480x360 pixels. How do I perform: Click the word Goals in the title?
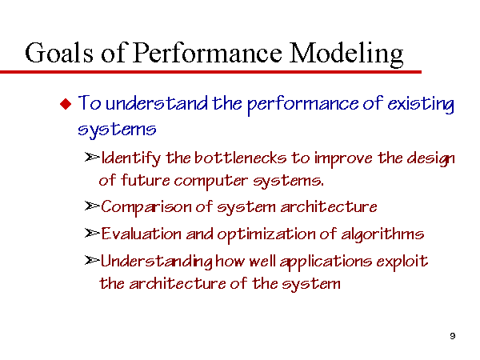click(59, 53)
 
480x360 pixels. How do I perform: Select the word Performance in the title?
click(207, 53)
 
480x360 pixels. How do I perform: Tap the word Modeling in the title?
click(346, 54)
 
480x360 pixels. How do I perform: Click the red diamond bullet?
click(66, 104)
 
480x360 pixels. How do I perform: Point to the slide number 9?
click(453, 336)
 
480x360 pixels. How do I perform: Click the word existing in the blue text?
click(421, 104)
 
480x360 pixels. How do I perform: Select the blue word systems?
click(117, 130)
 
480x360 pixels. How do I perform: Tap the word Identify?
click(130, 158)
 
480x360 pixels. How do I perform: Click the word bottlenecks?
click(240, 158)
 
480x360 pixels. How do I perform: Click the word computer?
click(211, 181)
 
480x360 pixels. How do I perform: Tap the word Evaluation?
click(141, 234)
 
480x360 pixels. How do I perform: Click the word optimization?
click(266, 234)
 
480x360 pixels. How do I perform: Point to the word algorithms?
click(382, 234)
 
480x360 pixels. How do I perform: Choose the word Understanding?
click(157, 262)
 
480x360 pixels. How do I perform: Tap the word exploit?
click(402, 262)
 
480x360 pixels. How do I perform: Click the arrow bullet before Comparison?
click(92, 206)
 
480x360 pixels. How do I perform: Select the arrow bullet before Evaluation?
click(92, 234)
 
